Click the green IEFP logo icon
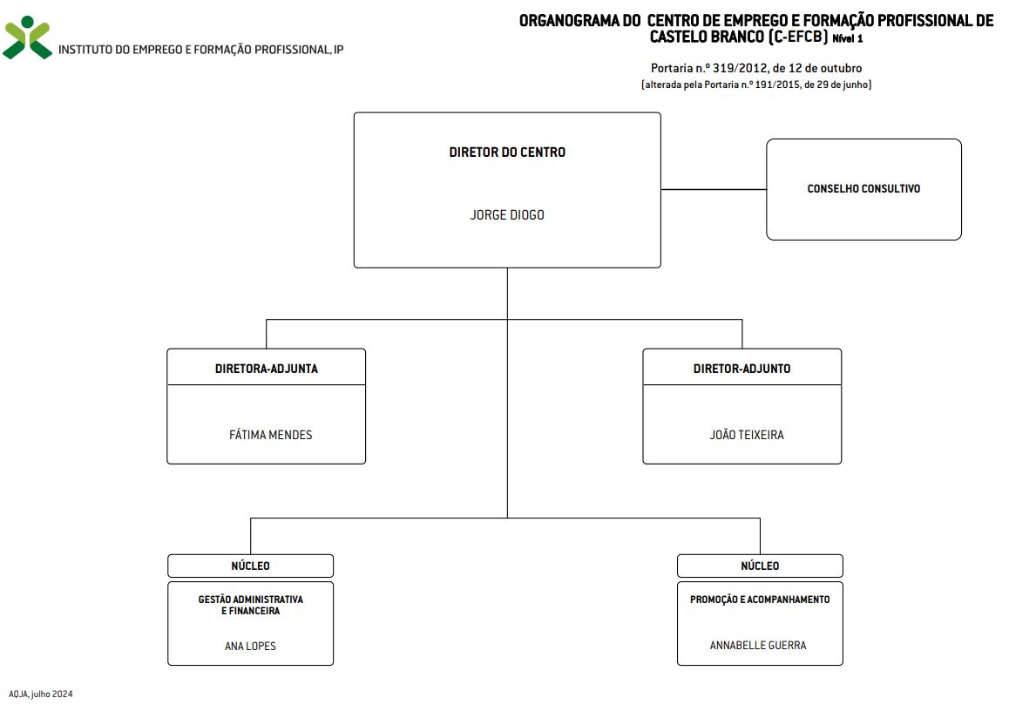[27, 38]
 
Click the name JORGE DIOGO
[507, 215]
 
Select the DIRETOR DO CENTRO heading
[507, 152]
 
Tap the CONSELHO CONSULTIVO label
[863, 188]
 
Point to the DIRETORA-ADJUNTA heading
[267, 369]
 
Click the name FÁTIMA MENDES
[270, 435]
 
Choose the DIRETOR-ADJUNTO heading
[742, 369]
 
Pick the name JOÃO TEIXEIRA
[747, 435]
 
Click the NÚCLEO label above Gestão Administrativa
[250, 566]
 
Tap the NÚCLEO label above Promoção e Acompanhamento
[760, 566]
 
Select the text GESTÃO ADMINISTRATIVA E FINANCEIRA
[250, 605]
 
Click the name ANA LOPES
[250, 646]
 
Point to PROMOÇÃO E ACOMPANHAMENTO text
[760, 600]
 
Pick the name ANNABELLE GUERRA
[758, 645]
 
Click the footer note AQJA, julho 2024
[41, 695]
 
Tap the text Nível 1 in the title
[848, 38]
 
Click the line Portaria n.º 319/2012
[756, 68]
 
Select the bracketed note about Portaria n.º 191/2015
[756, 85]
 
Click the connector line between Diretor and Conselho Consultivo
[714, 189]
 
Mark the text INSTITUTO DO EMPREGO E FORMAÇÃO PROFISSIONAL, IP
[200, 50]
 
